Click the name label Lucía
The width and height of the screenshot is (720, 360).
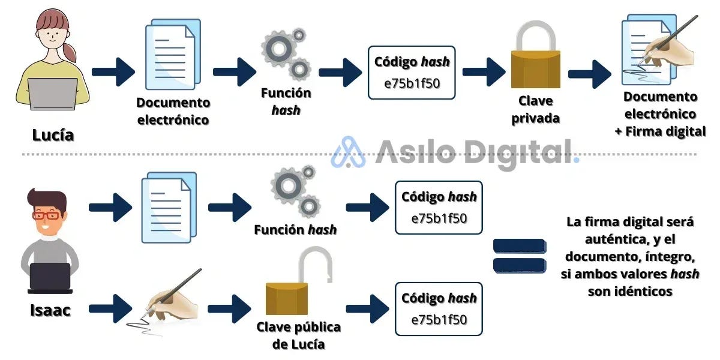pyautogui.click(x=53, y=135)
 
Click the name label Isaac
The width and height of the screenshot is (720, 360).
pyautogui.click(x=50, y=310)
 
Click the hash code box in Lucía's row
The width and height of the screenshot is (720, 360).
pyautogui.click(x=412, y=72)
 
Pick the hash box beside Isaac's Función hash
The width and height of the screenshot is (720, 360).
pyautogui.click(x=439, y=207)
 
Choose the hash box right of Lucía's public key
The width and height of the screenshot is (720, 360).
pyautogui.click(x=439, y=308)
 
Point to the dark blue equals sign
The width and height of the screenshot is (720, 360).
pyautogui.click(x=519, y=255)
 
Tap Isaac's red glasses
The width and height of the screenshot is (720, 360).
pyautogui.click(x=47, y=215)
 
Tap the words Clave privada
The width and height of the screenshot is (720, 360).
pyautogui.click(x=535, y=109)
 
